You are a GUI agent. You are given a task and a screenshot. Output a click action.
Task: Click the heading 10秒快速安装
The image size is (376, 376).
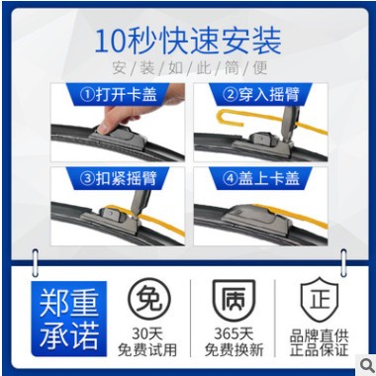[x=188, y=41]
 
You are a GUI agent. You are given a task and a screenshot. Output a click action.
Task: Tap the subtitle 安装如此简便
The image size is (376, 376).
[x=188, y=69]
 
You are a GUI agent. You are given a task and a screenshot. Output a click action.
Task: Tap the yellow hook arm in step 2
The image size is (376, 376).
[x=237, y=123]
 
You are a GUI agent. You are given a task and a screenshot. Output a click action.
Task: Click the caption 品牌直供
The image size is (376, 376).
[x=319, y=333]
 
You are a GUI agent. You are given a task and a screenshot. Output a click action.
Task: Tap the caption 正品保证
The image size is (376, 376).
[x=319, y=349]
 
